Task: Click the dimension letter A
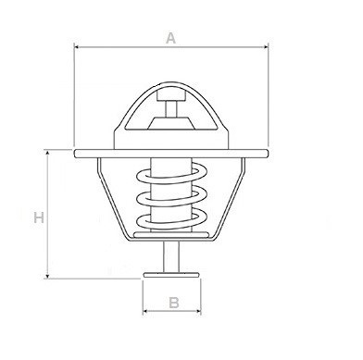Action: coord(170,38)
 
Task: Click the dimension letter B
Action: coord(173,303)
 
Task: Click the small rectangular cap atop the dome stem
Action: coord(170,96)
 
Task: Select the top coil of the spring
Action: coord(171,173)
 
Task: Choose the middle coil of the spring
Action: coord(171,196)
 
